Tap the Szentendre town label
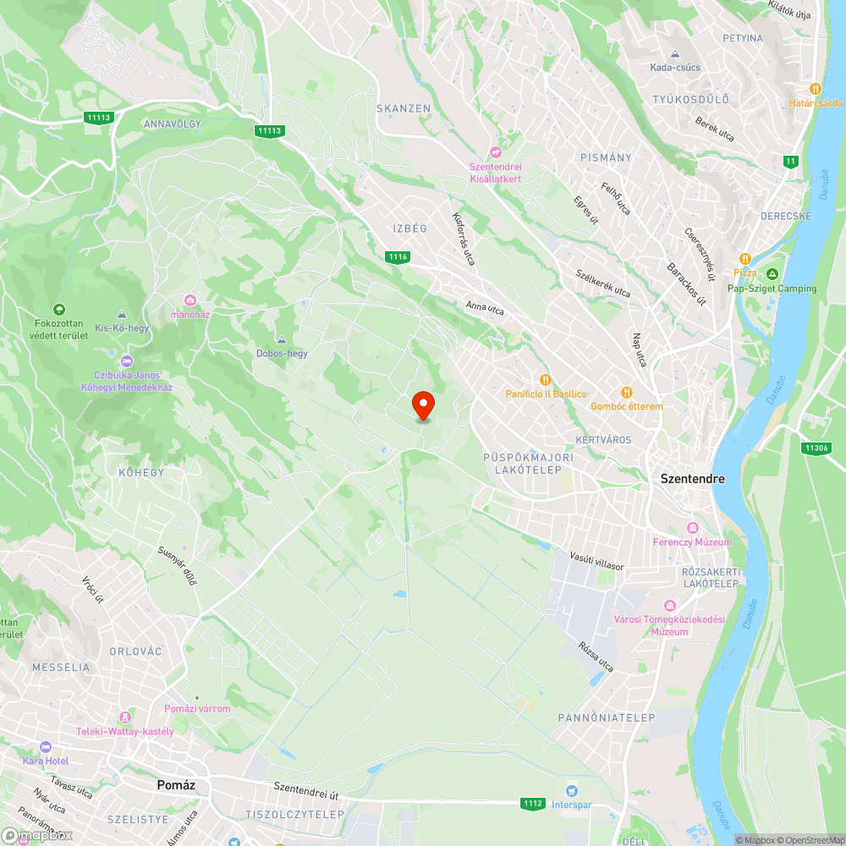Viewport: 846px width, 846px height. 692,479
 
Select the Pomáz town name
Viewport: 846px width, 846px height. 176,785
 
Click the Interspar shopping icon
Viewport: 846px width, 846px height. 573,790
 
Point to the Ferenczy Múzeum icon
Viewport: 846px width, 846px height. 693,527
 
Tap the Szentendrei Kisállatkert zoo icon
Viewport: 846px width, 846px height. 496,152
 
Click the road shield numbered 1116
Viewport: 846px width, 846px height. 397,256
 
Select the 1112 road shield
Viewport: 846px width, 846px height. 532,803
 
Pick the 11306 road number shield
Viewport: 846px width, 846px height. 816,448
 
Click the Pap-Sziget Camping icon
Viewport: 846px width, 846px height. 772,274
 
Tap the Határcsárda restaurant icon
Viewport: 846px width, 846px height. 816,89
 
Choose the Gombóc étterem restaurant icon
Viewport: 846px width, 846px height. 627,392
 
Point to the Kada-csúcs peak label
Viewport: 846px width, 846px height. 674,68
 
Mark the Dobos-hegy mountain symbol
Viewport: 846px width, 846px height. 282,339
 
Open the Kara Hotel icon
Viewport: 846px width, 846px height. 46,747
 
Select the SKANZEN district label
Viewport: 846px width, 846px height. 404,109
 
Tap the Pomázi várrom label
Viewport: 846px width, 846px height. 196,709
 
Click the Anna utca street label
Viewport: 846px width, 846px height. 485,309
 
